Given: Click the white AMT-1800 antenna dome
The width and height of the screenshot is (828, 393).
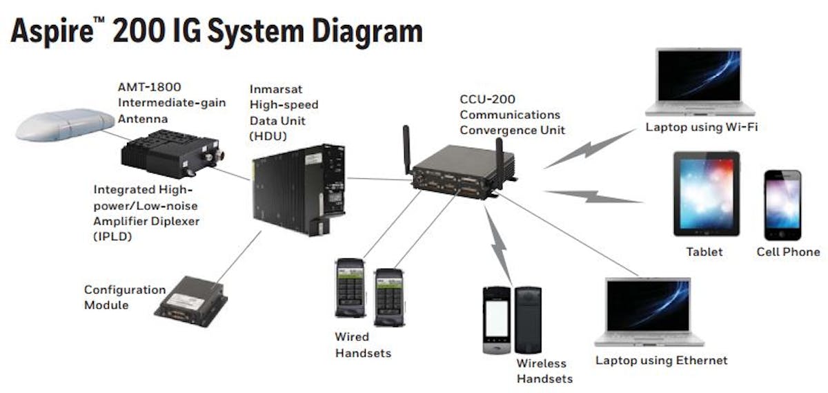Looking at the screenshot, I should (64, 125).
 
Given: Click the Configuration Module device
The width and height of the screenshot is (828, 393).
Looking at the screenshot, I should (190, 298).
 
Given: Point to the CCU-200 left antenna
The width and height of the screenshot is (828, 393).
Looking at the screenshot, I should (407, 147).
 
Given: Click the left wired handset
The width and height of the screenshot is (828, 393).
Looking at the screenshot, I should (350, 288).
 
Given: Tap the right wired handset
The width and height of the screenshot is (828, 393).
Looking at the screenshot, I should (388, 296).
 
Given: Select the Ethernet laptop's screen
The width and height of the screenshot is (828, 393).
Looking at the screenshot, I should (647, 305).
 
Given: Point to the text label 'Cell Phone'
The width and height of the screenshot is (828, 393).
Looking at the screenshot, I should (788, 252).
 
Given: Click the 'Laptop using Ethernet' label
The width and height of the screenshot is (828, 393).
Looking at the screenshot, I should (661, 360).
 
